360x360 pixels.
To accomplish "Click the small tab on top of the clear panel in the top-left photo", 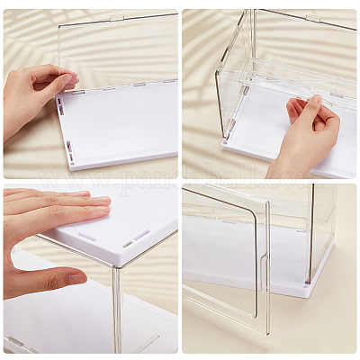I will coord(117,18).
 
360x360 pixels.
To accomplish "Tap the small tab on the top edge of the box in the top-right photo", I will coord(311,18).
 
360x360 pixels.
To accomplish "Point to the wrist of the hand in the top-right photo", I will coord(286,167).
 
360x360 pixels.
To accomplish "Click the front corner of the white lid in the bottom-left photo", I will coord(114,267).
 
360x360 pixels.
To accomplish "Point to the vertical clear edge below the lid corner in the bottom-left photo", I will coord(115,310).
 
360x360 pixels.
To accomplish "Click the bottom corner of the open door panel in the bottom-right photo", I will coord(266,331).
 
